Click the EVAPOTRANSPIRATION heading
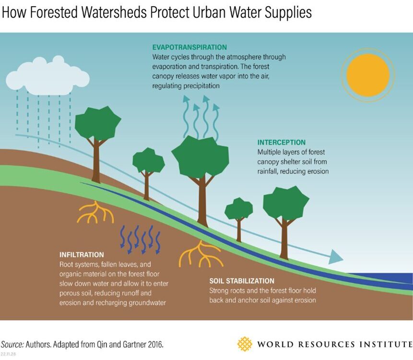tap(189, 47)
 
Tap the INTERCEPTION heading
tap(281, 142)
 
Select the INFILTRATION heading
tap(82, 254)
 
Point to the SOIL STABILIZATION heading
tap(242, 281)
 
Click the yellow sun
tap(368, 75)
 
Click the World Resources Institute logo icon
tap(245, 344)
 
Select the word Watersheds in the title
tap(114, 12)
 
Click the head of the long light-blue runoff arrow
tap(336, 257)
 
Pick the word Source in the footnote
tap(12, 345)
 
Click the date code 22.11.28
tap(8, 354)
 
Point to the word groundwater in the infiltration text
tap(147, 303)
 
